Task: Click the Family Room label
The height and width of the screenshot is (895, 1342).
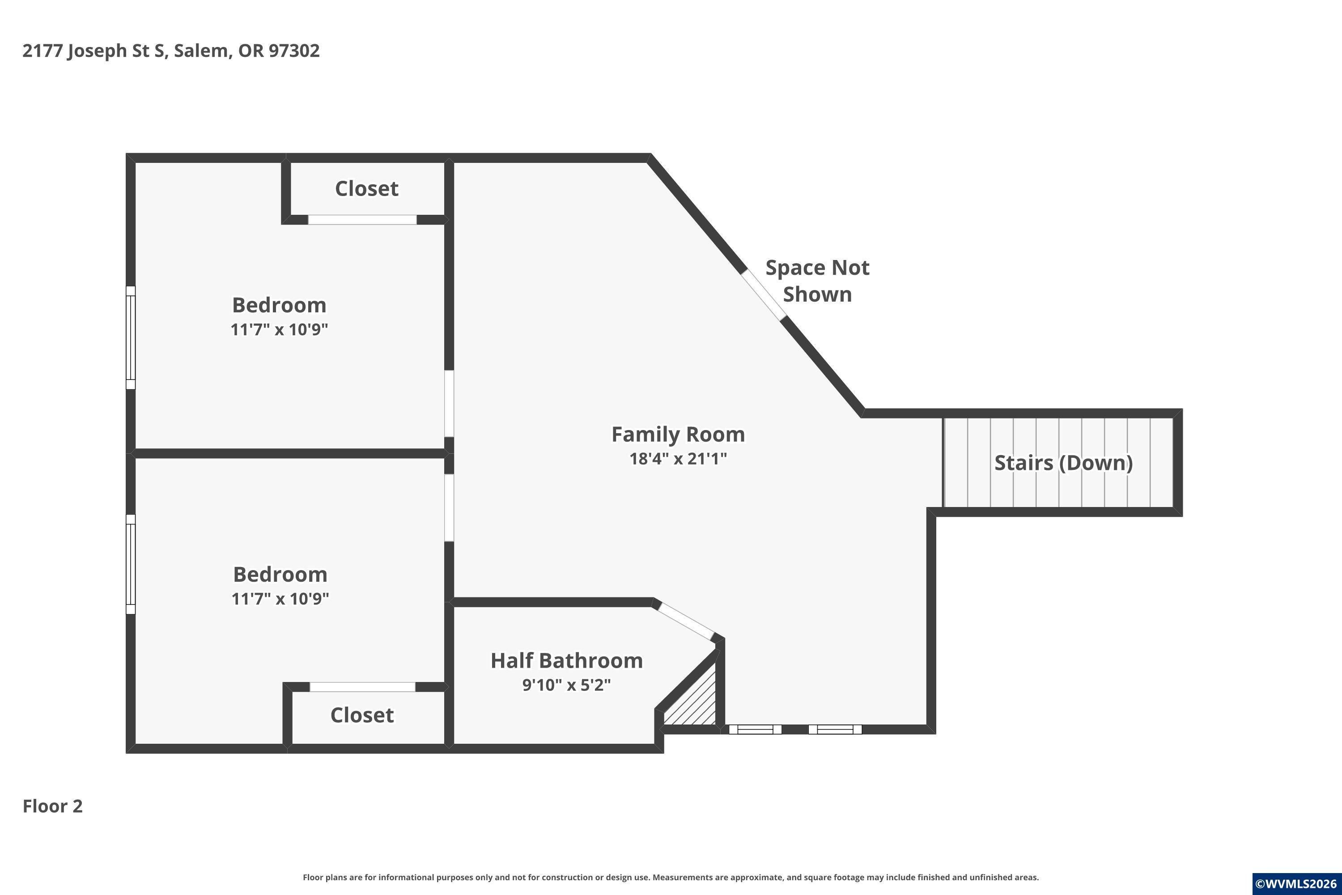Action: [x=678, y=435]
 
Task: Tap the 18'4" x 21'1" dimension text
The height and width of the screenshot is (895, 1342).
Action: [x=678, y=458]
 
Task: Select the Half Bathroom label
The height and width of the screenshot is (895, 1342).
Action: [x=567, y=661]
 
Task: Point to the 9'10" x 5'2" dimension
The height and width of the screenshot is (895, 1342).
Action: [x=567, y=684]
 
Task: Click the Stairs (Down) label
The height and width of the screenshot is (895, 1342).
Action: [x=1064, y=463]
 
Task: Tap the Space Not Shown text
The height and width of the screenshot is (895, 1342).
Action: [x=817, y=281]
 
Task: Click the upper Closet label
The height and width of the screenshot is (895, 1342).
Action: [x=366, y=188]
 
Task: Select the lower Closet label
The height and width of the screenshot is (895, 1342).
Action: [x=362, y=715]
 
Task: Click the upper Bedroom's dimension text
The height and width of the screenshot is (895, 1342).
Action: [x=279, y=329]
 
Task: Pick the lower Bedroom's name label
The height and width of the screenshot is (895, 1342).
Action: [x=280, y=574]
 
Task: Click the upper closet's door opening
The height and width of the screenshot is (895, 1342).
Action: [x=362, y=220]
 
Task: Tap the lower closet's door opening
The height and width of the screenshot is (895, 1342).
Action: [x=362, y=686]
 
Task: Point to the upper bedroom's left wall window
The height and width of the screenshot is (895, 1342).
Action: [x=131, y=338]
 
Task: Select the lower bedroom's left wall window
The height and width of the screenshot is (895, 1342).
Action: [x=131, y=564]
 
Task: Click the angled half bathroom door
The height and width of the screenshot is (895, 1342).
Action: [x=686, y=622]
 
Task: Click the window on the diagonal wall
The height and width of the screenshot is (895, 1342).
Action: [x=764, y=294]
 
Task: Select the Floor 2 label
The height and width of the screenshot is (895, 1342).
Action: [x=52, y=806]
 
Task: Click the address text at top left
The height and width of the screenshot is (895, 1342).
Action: [x=171, y=51]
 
